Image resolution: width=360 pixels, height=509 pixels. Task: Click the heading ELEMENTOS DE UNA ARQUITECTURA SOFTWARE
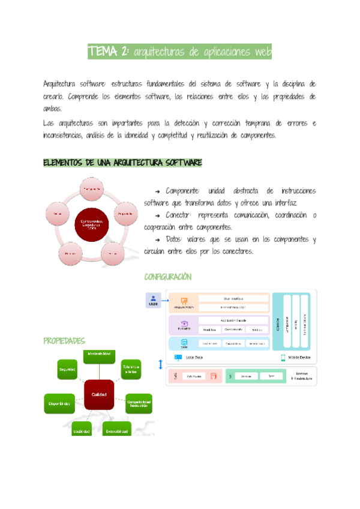(122, 163)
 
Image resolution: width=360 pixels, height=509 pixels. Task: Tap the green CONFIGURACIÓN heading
(167, 277)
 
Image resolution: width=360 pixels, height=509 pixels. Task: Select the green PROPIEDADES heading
(64, 341)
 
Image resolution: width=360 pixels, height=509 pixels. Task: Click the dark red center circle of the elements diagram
(92, 224)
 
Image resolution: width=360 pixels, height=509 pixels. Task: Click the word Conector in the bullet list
(179, 215)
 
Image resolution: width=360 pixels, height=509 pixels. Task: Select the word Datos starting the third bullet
(175, 239)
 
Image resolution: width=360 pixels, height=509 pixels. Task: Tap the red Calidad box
(99, 394)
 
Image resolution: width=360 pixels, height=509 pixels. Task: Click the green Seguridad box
(67, 369)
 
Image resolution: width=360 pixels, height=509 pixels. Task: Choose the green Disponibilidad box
(60, 403)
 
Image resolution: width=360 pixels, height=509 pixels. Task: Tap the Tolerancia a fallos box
(131, 369)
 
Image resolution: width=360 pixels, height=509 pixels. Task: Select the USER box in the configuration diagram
(154, 301)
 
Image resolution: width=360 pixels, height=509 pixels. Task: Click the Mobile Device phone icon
(283, 358)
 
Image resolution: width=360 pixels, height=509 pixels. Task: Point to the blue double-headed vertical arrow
(160, 364)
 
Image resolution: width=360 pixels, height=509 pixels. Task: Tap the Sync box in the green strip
(271, 376)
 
